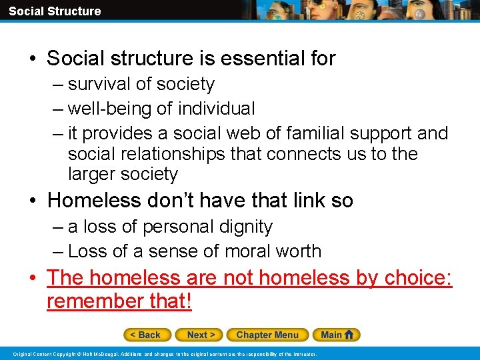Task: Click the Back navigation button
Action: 147,335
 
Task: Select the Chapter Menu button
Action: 267,335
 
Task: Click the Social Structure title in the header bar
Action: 55,11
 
